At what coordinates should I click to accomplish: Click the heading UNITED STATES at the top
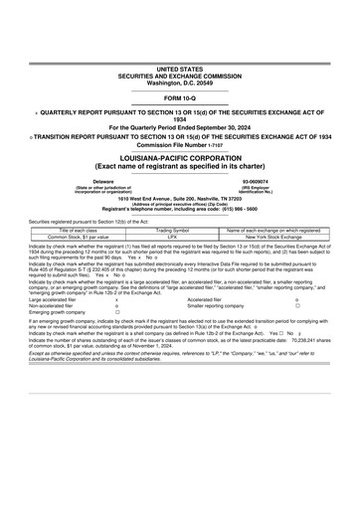click(x=179, y=69)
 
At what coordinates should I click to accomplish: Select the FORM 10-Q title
click(x=179, y=100)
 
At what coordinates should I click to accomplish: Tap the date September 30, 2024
click(x=225, y=126)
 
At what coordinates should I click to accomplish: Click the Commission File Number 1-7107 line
click(x=179, y=142)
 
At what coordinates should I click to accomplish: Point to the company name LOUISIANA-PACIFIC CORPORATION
click(x=179, y=157)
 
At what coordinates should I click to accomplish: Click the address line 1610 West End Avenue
click(x=179, y=199)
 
